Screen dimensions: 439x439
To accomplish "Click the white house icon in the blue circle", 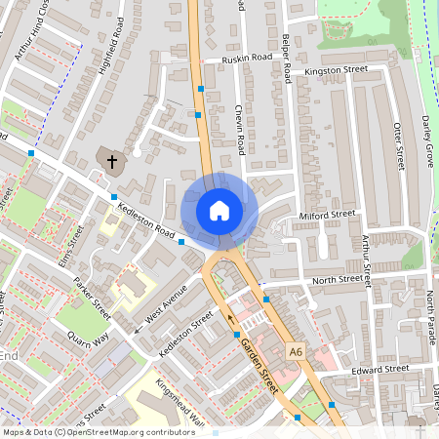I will tap(219, 210).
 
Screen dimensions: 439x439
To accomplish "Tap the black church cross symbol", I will tap(111, 160).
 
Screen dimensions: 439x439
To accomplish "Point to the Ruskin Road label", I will tap(247, 59).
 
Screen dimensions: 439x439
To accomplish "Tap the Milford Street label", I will tap(328, 215).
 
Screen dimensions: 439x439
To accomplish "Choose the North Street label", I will tap(337, 280).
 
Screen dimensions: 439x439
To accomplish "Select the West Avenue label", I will tap(165, 306).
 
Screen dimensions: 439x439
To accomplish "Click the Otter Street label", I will tap(397, 147).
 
